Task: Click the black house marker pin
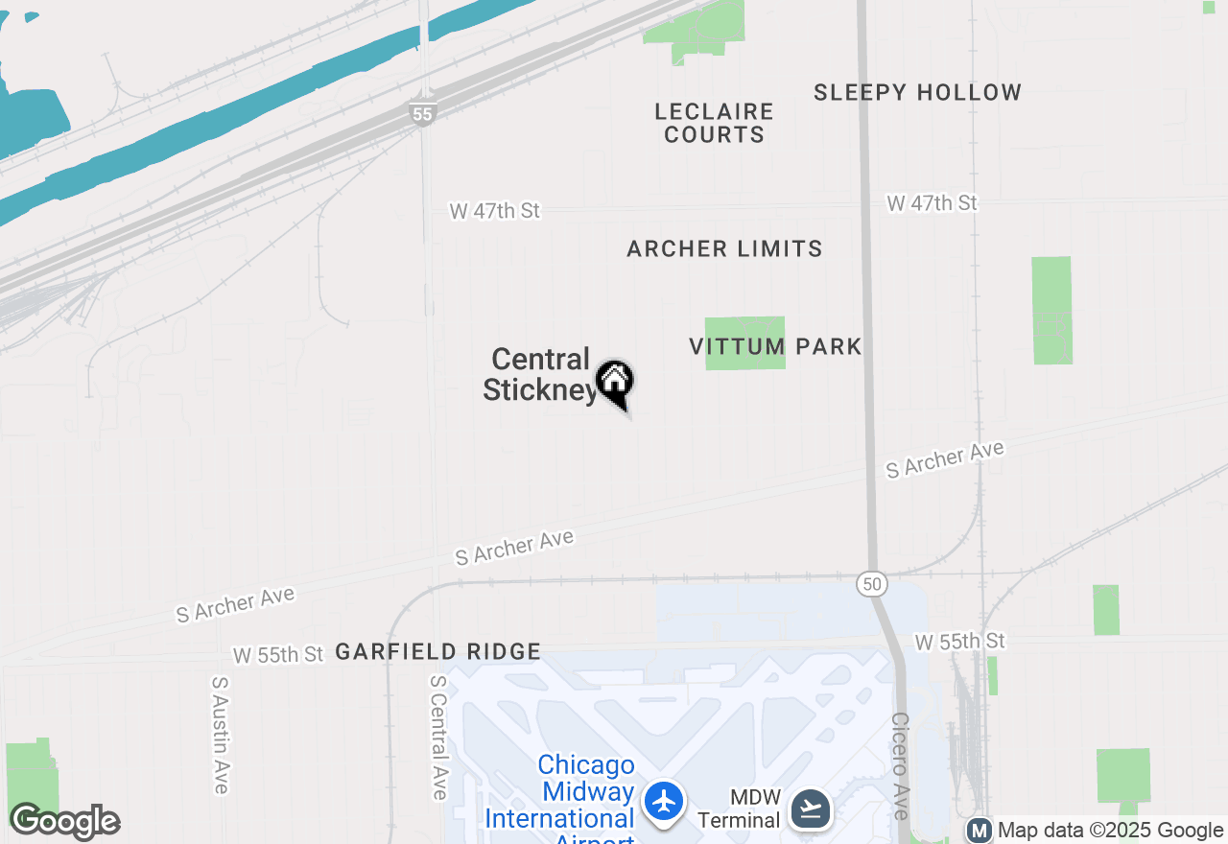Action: (615, 383)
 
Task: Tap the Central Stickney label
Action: (540, 375)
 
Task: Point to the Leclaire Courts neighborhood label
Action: (714, 124)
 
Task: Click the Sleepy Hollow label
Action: (917, 93)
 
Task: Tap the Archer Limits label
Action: (724, 249)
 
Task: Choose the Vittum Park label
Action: (775, 346)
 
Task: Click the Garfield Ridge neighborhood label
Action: (438, 652)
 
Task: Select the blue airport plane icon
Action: (664, 801)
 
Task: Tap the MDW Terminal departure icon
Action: (811, 809)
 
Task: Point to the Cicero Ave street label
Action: (900, 764)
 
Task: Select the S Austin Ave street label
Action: (221, 735)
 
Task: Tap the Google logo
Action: (64, 822)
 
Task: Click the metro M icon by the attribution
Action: (980, 831)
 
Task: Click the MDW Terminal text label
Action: (739, 809)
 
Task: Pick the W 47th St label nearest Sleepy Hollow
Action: (932, 203)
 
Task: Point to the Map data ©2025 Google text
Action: (1110, 831)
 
